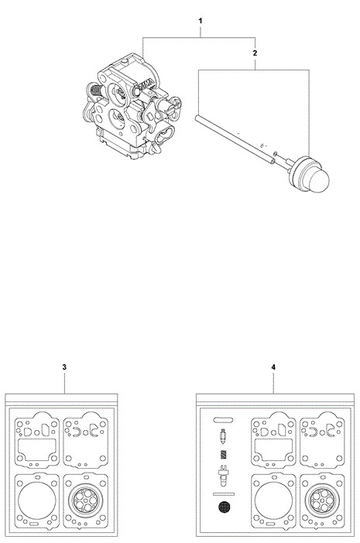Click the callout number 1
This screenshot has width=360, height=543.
pyautogui.click(x=201, y=21)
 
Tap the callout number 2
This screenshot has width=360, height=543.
pyautogui.click(x=255, y=53)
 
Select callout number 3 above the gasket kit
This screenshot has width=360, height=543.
pyautogui.click(x=64, y=367)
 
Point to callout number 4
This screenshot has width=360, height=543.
pyautogui.click(x=273, y=367)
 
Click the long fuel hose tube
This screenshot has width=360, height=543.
pyautogui.click(x=235, y=139)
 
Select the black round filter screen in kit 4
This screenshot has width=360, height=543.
pyautogui.click(x=224, y=507)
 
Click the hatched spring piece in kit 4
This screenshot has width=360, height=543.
pyautogui.click(x=224, y=455)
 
